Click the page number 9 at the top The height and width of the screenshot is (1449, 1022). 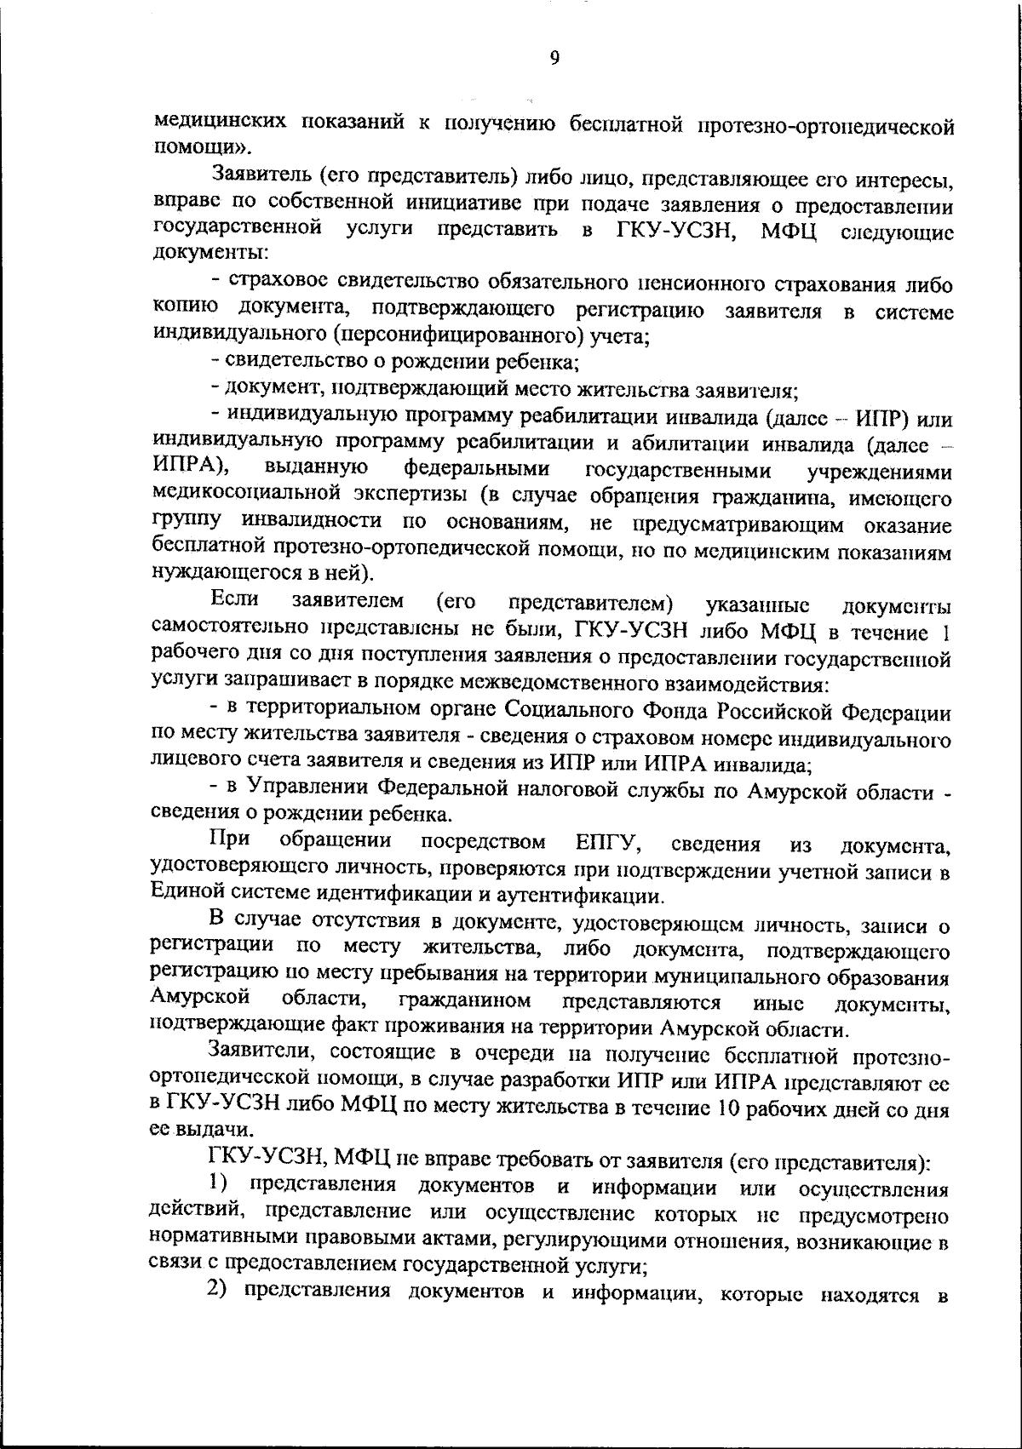pyautogui.click(x=554, y=57)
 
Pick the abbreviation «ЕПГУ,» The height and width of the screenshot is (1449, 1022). pyautogui.click(x=609, y=843)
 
